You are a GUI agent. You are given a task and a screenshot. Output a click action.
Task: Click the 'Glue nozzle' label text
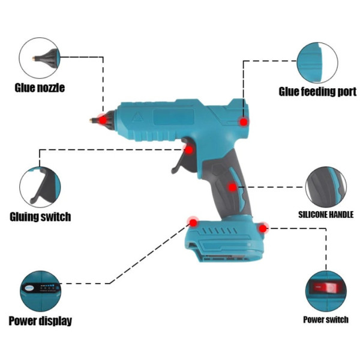[40, 88]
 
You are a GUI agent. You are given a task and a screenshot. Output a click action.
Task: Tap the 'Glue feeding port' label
[317, 91]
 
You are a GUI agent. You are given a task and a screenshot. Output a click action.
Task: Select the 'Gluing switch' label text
[40, 217]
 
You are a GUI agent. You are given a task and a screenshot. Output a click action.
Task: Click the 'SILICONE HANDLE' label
[326, 215]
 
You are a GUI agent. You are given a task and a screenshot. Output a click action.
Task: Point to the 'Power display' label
[40, 321]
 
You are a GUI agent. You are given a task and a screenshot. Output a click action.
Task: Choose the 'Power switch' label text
[326, 320]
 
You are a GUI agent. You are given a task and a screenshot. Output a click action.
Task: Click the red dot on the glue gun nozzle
[103, 120]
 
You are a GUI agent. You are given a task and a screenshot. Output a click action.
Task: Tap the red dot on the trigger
[189, 150]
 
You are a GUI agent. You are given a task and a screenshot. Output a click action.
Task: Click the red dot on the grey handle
[233, 187]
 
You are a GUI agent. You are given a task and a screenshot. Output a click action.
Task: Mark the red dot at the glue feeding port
[244, 122]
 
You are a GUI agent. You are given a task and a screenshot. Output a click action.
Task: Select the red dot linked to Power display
[193, 223]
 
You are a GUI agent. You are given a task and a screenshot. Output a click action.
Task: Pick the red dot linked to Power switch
[263, 229]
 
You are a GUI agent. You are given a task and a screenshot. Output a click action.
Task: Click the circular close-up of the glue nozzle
[40, 58]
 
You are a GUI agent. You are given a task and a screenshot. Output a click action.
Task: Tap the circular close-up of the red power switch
[326, 291]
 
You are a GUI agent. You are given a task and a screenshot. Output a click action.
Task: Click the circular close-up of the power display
[40, 291]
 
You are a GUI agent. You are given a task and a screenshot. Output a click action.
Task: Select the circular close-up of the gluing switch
[40, 187]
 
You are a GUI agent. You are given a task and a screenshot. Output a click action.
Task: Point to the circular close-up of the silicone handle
[326, 187]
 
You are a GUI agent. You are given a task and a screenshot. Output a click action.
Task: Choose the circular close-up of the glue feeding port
[317, 62]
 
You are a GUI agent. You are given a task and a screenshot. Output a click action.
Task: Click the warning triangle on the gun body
[137, 118]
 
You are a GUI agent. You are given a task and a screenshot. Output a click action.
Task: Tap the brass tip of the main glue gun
[93, 120]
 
